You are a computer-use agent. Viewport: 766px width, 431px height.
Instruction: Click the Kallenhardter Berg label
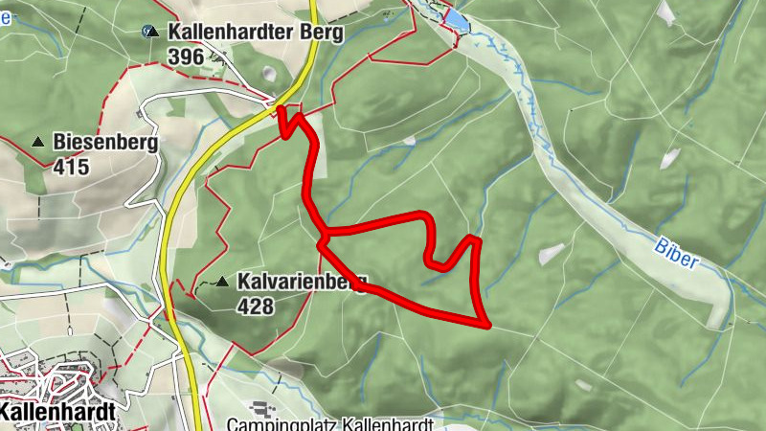point(255,31)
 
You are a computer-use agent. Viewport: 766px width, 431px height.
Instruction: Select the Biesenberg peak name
point(105,142)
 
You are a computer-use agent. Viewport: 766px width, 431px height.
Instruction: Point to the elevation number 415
point(71,168)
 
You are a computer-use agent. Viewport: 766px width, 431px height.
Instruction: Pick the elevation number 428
point(256,306)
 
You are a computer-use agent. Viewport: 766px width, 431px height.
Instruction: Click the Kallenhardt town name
point(57,411)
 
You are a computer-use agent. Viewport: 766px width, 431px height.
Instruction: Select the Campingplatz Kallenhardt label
point(331,423)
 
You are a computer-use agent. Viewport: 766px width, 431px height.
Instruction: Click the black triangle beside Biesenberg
point(38,142)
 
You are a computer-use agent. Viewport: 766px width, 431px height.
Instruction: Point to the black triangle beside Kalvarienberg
point(223,282)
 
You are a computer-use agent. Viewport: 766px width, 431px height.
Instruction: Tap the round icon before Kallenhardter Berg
point(149,31)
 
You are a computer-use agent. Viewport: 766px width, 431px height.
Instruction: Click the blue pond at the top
point(457,19)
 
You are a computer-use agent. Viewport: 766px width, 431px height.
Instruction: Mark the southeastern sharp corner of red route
point(487,325)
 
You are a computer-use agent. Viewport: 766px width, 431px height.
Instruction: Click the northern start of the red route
point(281,110)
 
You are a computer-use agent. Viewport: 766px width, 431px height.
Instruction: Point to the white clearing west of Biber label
point(552,254)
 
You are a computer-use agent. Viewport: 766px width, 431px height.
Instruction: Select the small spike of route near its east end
point(472,237)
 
